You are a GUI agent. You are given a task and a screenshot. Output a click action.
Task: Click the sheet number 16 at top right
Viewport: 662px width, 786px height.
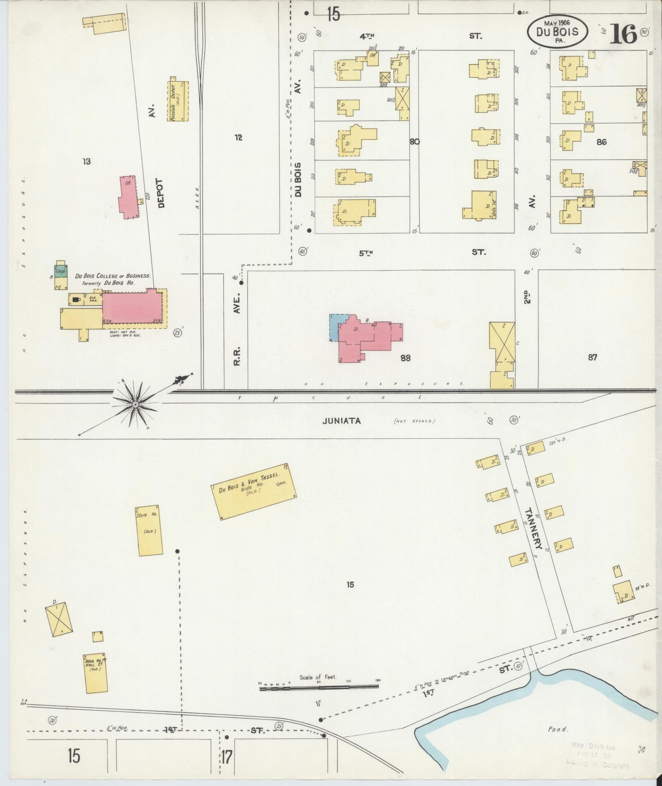pyautogui.click(x=623, y=34)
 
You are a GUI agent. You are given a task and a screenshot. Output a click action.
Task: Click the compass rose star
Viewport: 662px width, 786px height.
pyautogui.click(x=135, y=405)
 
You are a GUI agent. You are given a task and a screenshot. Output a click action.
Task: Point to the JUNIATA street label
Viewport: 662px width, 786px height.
pyautogui.click(x=341, y=421)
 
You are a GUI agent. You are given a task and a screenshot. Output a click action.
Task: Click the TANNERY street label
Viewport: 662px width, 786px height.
pyautogui.click(x=534, y=529)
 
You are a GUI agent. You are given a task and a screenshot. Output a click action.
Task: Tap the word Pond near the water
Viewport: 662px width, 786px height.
pyautogui.click(x=558, y=729)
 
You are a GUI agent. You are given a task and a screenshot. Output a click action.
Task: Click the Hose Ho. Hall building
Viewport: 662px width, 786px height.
pyautogui.click(x=96, y=673)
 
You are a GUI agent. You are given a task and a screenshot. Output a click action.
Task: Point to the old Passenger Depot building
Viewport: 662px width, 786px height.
pyautogui.click(x=178, y=101)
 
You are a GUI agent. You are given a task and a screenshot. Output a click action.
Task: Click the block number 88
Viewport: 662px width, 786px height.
pyautogui.click(x=405, y=358)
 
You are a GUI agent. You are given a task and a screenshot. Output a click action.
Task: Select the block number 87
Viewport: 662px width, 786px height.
pyautogui.click(x=592, y=357)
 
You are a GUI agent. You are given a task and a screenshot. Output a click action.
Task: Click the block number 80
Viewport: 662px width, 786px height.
pyautogui.click(x=414, y=142)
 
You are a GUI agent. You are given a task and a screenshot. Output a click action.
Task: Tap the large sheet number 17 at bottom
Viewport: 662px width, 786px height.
pyautogui.click(x=227, y=756)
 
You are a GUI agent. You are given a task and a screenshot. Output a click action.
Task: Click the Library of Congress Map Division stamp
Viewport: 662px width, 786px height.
pyautogui.click(x=599, y=755)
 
